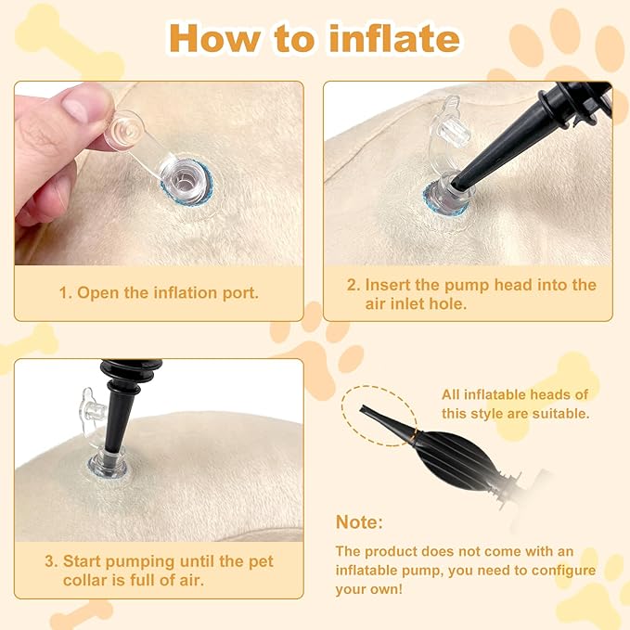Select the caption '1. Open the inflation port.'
coord(159,292)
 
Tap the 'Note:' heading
coord(359,522)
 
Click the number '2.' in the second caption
coord(352,285)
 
